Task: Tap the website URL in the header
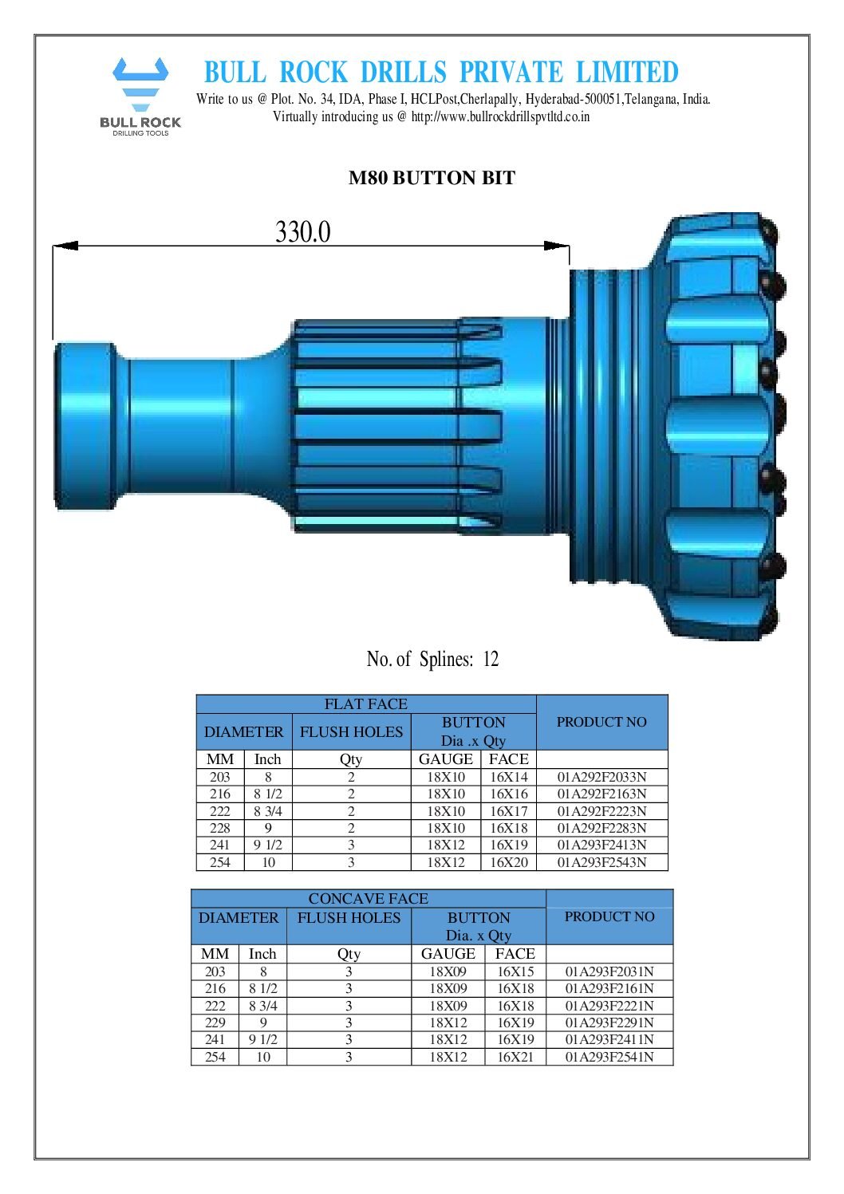point(500,116)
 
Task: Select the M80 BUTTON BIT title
point(432,178)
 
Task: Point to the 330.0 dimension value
point(302,231)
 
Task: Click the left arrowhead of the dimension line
point(65,246)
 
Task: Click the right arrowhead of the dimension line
point(557,246)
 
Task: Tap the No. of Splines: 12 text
point(432,659)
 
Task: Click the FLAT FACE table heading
point(365,703)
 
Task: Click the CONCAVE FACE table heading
point(368,898)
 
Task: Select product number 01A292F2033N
point(601,777)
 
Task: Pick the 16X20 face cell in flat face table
point(508,862)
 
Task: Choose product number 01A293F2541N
point(609,1057)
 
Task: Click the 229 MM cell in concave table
point(215,1023)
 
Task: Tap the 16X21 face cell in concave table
point(515,1057)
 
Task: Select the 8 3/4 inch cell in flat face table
point(268,811)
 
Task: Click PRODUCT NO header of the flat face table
point(601,722)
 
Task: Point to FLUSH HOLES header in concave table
point(349,917)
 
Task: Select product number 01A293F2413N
point(601,845)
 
